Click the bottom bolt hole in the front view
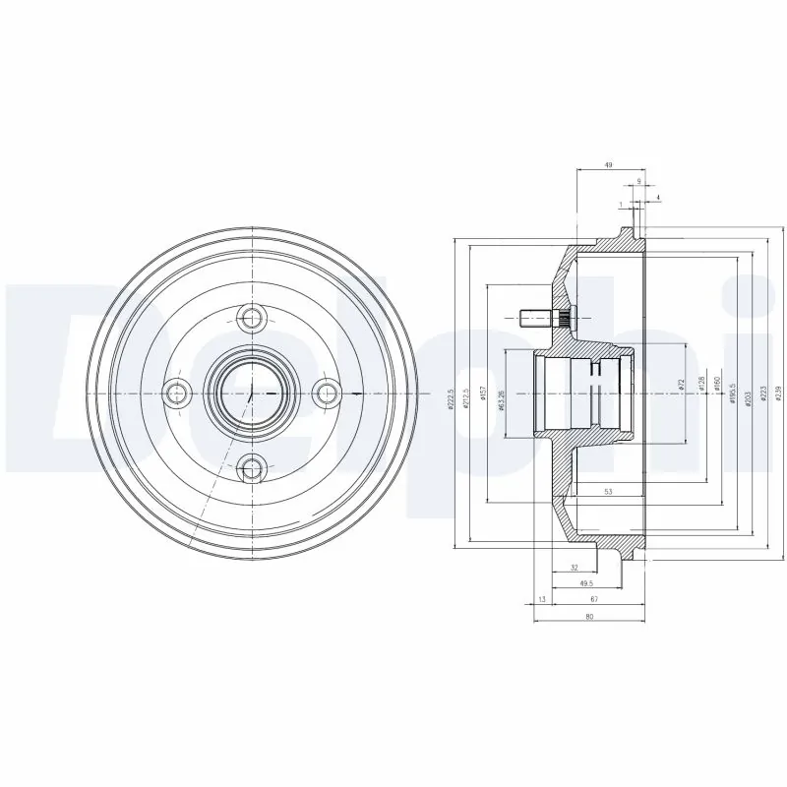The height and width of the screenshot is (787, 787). coord(253,468)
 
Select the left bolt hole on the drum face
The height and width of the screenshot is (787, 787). coord(177,393)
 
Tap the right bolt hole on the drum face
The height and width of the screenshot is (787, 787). coord(328,393)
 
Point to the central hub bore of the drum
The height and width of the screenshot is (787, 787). coord(253,393)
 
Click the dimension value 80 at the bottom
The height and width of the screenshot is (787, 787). coord(589,617)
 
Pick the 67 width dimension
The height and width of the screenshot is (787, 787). coord(595,599)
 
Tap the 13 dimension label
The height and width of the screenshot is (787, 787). coord(541,599)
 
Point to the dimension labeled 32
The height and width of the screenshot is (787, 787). coord(573,568)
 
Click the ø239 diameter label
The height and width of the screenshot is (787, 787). coord(777,393)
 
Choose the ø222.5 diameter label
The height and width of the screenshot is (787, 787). coord(452,398)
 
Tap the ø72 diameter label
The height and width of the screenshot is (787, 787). coord(681,387)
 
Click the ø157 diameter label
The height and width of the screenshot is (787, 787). coord(485,394)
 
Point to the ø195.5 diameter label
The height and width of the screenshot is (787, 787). coord(733,390)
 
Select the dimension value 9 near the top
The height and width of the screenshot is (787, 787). coord(639,181)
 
